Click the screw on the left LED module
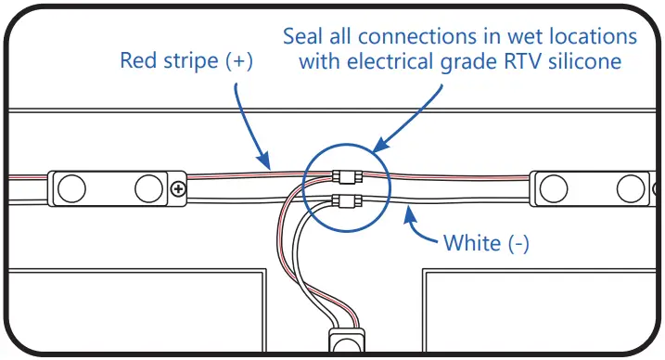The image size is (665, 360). [x=177, y=189]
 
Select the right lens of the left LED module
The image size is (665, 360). [x=147, y=188]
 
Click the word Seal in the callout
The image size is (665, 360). [x=303, y=37]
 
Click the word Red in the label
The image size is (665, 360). [x=139, y=62]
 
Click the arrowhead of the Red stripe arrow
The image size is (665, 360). [x=270, y=164]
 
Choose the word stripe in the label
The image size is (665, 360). [x=189, y=62]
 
